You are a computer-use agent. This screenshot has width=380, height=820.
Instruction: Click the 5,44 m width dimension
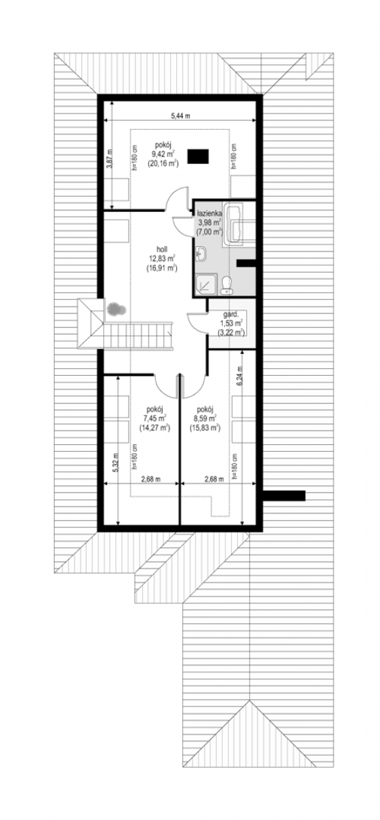click(180, 115)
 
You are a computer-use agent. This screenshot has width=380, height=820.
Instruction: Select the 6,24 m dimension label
click(239, 376)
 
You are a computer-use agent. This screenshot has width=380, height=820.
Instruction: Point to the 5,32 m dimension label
click(116, 463)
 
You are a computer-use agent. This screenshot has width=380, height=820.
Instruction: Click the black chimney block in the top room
click(198, 156)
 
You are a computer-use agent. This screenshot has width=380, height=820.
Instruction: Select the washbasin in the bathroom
click(202, 254)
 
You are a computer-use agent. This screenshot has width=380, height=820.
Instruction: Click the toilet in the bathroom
click(226, 286)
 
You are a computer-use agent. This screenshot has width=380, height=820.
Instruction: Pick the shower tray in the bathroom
click(206, 284)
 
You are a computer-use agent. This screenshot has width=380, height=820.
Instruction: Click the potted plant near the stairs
click(116, 310)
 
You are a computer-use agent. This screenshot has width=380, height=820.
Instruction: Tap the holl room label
click(161, 249)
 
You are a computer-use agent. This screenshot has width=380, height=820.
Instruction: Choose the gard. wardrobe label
click(231, 314)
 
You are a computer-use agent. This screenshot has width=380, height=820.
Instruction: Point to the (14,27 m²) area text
click(154, 427)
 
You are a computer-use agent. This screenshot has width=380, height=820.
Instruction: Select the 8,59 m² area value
click(204, 418)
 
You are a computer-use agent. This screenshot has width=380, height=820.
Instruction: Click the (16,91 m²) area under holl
click(161, 269)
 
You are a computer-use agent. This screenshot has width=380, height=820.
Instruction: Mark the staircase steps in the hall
click(137, 336)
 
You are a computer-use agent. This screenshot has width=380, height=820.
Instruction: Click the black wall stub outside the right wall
click(284, 495)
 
